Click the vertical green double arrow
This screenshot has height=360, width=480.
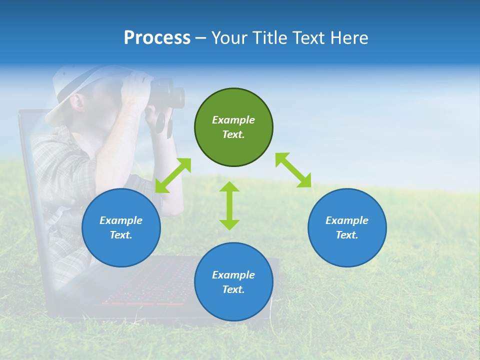229,205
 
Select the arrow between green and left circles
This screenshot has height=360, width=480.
173,175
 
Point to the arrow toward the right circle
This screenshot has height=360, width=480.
293,170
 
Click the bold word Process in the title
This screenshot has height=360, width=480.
157,38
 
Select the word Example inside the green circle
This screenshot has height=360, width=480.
233,120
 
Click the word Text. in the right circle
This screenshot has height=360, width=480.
347,235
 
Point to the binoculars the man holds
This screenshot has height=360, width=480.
167,100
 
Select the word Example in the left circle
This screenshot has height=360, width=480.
121,220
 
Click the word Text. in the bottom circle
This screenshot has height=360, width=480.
233,289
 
